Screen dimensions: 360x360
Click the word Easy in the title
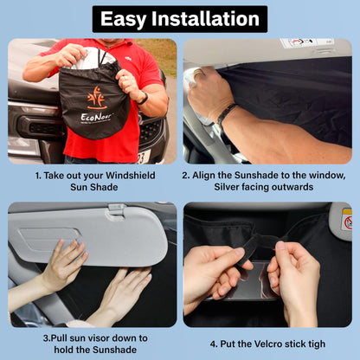coord(128,18)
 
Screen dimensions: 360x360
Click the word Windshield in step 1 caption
coord(134,173)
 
